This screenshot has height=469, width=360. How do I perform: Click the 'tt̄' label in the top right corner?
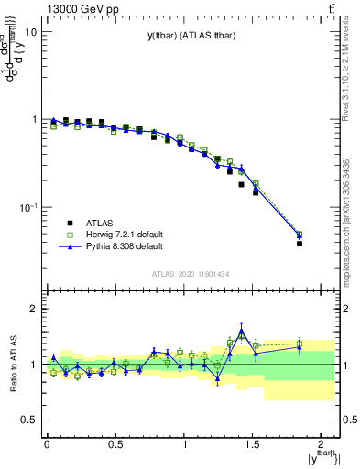coord(329,8)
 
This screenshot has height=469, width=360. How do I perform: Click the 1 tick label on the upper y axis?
coord(32,120)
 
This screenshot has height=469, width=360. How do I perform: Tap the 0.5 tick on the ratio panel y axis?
coord(27,420)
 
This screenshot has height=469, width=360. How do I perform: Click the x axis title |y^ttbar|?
coord(321,459)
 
